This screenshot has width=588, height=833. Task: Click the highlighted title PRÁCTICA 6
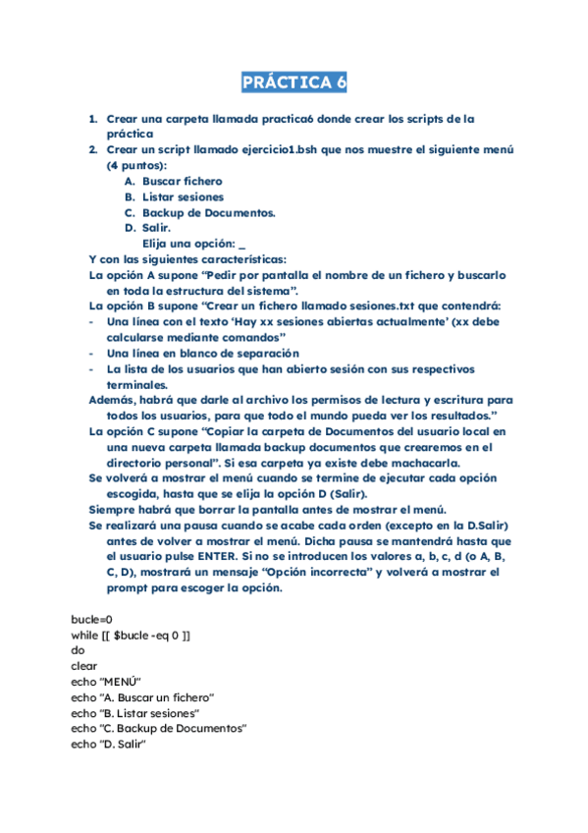point(294,82)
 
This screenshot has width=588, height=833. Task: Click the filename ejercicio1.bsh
point(286,149)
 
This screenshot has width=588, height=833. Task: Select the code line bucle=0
point(92,620)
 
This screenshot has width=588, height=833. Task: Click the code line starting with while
point(131,636)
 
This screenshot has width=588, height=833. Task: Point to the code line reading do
point(79,650)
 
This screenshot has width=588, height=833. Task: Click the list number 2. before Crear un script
point(92,149)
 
